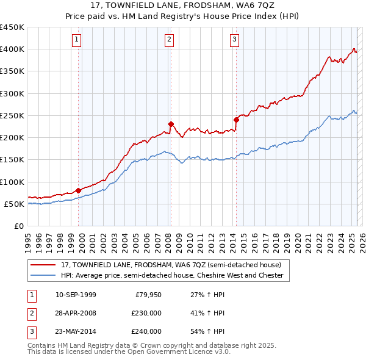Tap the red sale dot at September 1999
pyautogui.click(x=79, y=190)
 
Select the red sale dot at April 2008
pyautogui.click(x=171, y=124)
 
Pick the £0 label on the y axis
pyautogui.click(x=18, y=226)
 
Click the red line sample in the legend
pyautogui.click(x=43, y=265)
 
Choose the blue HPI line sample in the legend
pyautogui.click(x=43, y=276)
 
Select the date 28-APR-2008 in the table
pyautogui.click(x=76, y=313)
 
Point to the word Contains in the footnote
pyautogui.click(x=43, y=345)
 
